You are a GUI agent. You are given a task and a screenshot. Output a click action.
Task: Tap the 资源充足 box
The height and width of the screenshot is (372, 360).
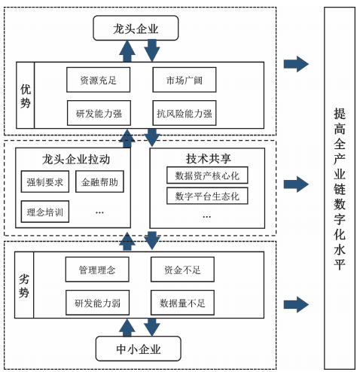coord(98,78)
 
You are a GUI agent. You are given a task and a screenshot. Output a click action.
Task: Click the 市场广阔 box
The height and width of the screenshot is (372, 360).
coord(184,78)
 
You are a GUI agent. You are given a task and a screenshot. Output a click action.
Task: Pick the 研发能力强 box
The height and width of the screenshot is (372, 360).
coord(98,114)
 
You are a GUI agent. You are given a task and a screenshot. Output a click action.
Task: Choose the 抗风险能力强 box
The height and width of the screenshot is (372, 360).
coord(184,114)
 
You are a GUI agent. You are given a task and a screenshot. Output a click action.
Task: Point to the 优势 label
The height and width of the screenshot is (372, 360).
coord(26,96)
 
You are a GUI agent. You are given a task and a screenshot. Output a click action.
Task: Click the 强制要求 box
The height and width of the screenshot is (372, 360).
coord(44,182)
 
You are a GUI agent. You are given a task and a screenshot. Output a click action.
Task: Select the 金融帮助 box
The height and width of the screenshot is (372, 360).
coord(99,182)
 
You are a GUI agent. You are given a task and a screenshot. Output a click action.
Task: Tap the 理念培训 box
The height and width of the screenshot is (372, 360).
coord(44,212)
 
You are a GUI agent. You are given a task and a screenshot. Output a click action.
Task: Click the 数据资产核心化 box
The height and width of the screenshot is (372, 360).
coord(206,175)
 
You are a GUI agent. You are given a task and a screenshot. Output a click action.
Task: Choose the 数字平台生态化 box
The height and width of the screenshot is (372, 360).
coord(206,197)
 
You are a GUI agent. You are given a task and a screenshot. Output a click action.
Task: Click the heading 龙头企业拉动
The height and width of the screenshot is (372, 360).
coord(76,160)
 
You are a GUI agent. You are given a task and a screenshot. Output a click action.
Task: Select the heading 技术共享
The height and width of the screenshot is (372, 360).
coord(207,159)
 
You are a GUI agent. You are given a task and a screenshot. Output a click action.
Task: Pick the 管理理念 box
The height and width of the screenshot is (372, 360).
coord(97,268)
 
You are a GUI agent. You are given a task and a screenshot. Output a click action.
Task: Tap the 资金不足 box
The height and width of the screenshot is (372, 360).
coord(182,268)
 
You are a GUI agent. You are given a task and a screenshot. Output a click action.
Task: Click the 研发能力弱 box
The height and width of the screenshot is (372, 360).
coord(97,303)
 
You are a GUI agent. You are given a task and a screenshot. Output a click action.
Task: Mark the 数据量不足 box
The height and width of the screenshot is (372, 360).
coord(182,303)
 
